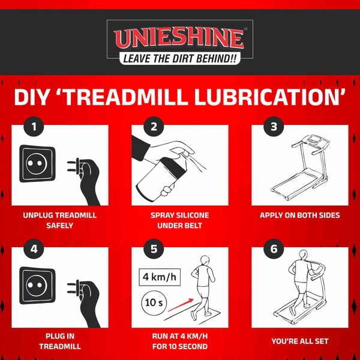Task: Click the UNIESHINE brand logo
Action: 179,38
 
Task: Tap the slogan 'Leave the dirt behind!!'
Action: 180,58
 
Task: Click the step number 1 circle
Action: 34,127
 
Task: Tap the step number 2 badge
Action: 154,127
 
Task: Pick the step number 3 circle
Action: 274,127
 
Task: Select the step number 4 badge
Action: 34,248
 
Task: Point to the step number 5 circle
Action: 154,248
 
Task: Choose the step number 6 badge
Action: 274,248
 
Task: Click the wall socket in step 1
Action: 37,163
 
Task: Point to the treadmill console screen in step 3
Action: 313,139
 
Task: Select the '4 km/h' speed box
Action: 160,277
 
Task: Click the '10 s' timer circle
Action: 154,302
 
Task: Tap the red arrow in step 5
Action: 181,305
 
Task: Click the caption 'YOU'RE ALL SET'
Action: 300,341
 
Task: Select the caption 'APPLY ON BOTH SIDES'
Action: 300,215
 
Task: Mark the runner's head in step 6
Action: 303,254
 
